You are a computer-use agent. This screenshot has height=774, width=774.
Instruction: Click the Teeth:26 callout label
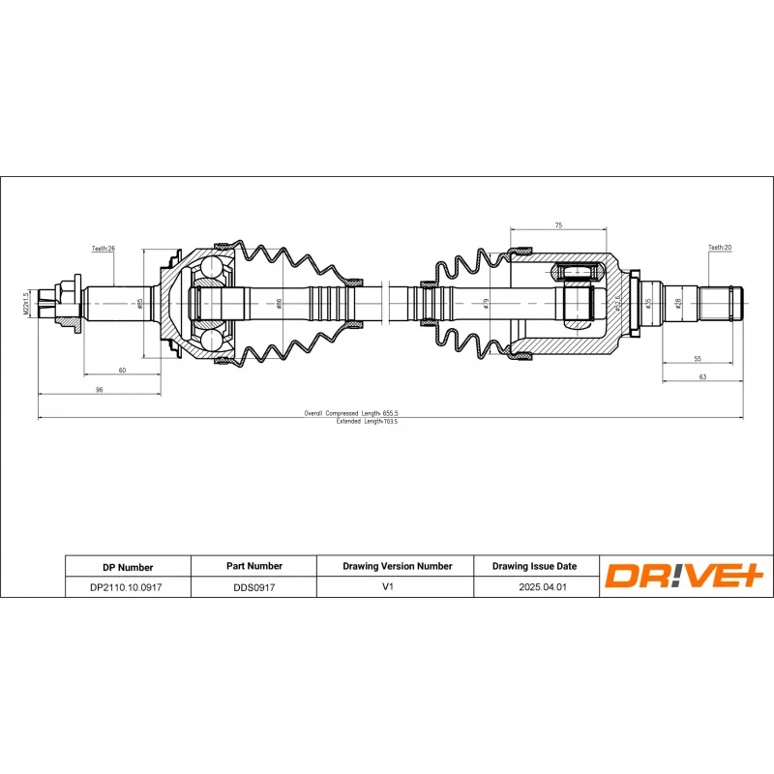tap(104, 249)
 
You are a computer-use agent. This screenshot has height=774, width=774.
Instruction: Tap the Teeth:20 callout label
tap(720, 248)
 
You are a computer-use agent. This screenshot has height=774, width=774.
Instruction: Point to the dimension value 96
tap(98, 389)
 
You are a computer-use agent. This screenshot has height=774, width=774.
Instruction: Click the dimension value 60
tap(122, 370)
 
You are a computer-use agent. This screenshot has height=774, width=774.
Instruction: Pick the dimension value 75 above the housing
tap(558, 225)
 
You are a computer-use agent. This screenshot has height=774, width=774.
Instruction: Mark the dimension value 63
tap(702, 376)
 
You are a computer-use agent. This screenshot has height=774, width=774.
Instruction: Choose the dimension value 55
tap(698, 359)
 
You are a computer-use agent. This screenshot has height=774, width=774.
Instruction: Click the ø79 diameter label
tap(486, 303)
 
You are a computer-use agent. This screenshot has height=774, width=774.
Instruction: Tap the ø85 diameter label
tap(140, 303)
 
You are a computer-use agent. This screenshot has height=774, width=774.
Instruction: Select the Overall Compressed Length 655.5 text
tap(351, 413)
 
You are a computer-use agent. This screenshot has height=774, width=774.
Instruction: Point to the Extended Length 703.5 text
tap(367, 422)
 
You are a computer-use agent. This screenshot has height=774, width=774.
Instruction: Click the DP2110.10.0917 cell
tap(127, 586)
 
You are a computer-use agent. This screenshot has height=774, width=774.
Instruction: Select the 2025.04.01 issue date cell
tap(534, 586)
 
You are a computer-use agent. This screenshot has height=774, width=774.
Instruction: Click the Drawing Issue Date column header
tap(534, 566)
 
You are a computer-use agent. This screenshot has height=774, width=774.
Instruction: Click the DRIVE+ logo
tap(685, 576)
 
